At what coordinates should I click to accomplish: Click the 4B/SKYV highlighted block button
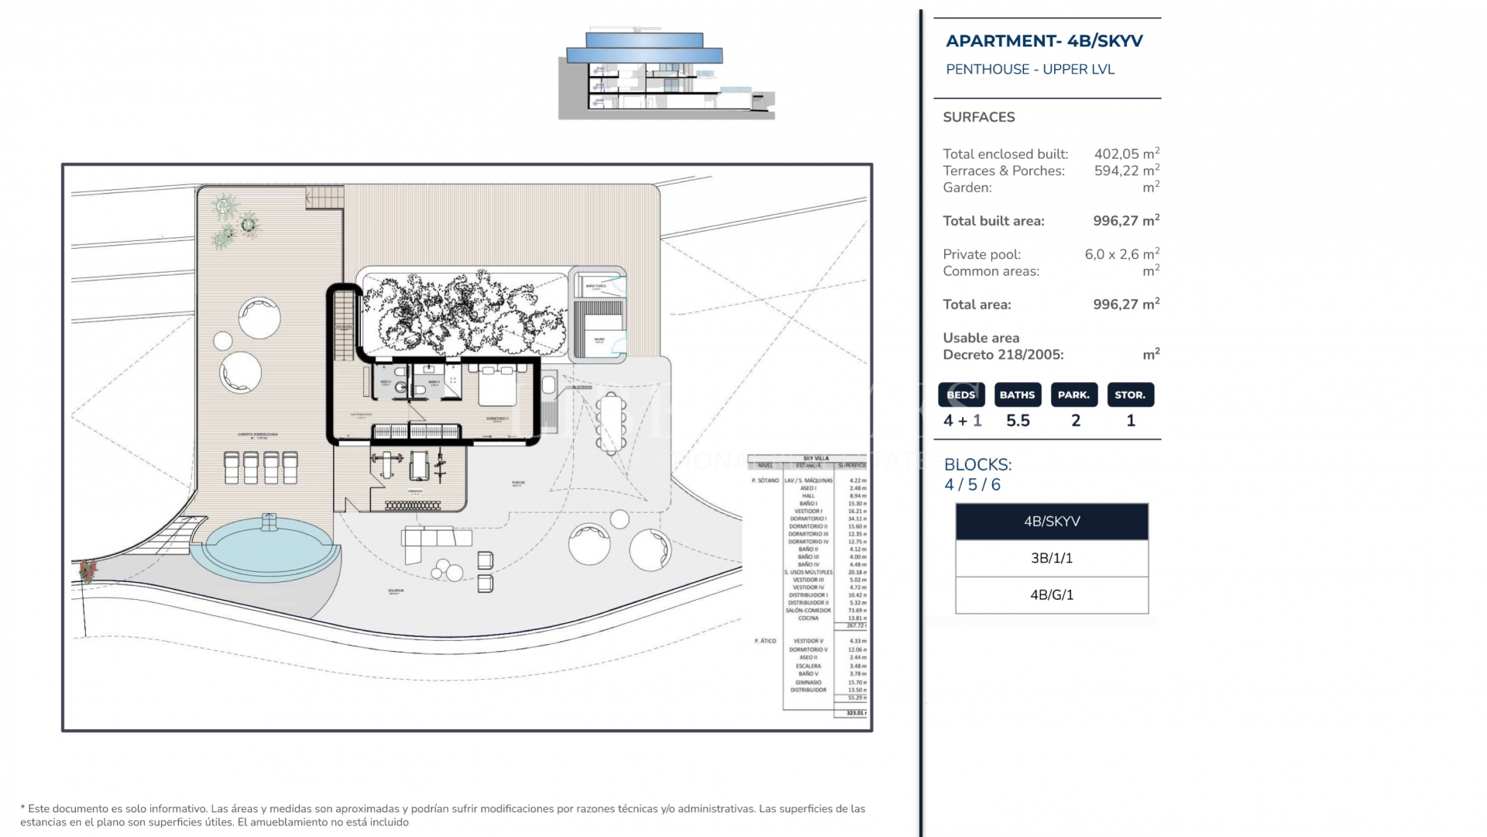click(1051, 522)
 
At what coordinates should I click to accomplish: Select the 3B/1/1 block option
click(1051, 558)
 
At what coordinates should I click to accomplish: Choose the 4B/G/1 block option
click(1051, 595)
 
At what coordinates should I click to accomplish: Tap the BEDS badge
click(961, 394)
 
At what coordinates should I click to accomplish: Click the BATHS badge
click(1017, 394)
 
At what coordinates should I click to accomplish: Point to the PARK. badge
click(1073, 394)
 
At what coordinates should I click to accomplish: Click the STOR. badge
click(1130, 394)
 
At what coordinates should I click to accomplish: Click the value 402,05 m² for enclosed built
click(1126, 153)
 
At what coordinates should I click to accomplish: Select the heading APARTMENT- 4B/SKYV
click(1044, 41)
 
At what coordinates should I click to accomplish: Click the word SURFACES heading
click(978, 117)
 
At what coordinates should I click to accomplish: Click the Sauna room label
click(599, 339)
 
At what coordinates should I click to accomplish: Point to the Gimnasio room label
click(415, 491)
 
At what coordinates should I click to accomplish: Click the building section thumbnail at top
click(666, 75)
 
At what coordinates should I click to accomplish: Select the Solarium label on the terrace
click(396, 591)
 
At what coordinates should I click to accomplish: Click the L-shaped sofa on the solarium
click(434, 539)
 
